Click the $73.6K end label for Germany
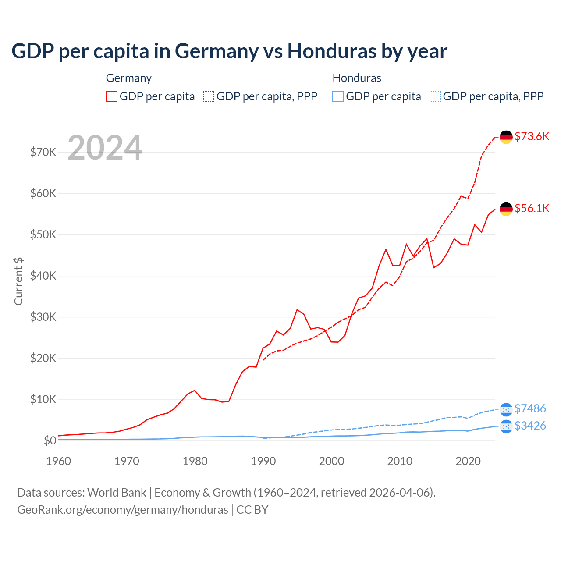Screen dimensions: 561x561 click(532, 136)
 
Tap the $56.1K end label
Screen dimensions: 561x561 click(532, 208)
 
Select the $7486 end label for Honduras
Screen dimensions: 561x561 click(530, 408)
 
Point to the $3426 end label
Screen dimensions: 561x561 click(530, 426)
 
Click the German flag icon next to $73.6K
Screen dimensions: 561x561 click(506, 137)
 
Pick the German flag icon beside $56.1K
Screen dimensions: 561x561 click(506, 209)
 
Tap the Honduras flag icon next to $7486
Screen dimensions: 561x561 click(506, 409)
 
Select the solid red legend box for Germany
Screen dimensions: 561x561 click(112, 96)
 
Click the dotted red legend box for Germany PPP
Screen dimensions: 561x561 click(209, 96)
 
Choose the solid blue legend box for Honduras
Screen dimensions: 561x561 click(338, 96)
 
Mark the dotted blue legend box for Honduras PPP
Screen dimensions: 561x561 click(435, 96)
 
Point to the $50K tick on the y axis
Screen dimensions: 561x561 click(43, 234)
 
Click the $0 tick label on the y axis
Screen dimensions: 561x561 click(50, 440)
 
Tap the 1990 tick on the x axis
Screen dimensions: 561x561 click(263, 461)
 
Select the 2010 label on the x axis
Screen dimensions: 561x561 click(400, 461)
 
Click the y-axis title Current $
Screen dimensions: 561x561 click(18, 281)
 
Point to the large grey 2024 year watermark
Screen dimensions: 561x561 click(105, 148)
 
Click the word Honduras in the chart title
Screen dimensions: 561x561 click(332, 51)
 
